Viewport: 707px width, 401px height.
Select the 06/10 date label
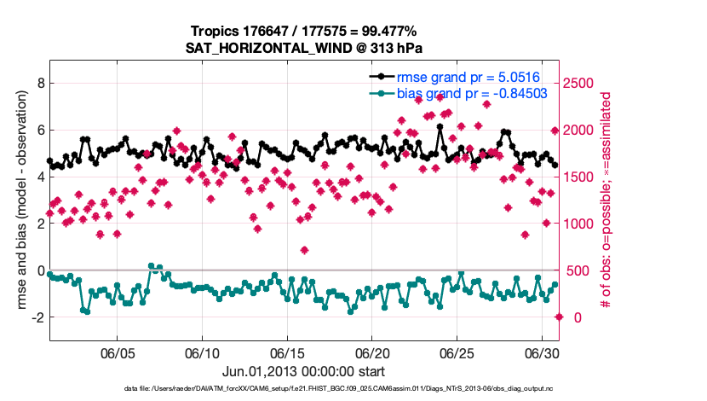click(203, 352)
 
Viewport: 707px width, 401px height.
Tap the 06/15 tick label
click(288, 352)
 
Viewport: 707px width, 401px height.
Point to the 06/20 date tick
click(372, 352)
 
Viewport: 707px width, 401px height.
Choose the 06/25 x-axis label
click(457, 352)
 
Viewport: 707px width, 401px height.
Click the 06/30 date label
click(542, 352)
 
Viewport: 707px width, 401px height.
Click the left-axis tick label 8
click(38, 84)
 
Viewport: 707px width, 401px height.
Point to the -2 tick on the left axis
click(36, 317)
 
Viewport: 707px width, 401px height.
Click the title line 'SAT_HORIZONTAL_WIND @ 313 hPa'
click(304, 48)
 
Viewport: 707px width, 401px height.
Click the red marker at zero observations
click(559, 317)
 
